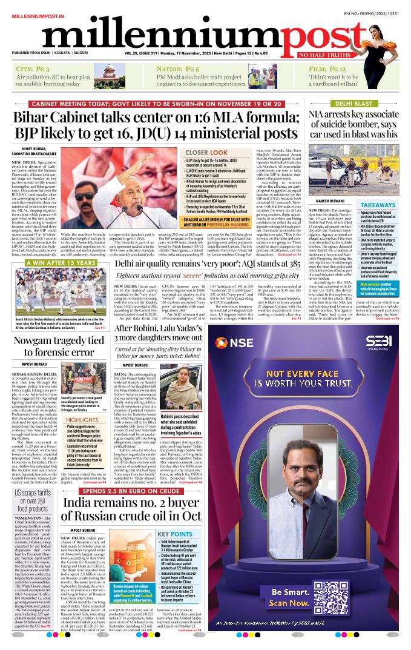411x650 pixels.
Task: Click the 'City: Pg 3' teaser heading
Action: pyautogui.click(x=33, y=70)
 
